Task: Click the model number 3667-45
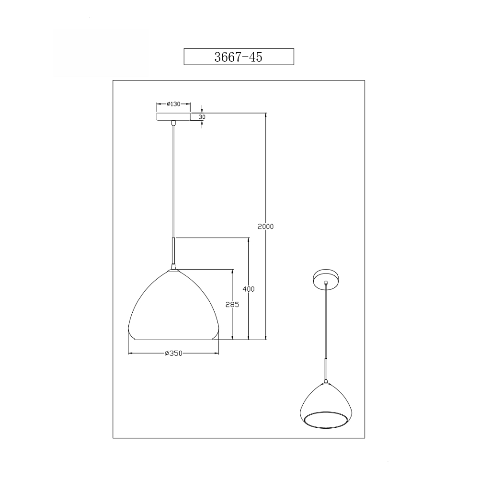pos(238,57)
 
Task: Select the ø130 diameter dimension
pos(173,104)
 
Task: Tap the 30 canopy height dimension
pos(202,117)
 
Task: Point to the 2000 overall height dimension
pos(265,227)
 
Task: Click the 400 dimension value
pos(248,289)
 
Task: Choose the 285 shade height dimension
pos(232,305)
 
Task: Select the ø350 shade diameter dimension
pos(173,354)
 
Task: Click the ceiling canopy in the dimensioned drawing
pos(173,117)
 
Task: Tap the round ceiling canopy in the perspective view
pos(326,277)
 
